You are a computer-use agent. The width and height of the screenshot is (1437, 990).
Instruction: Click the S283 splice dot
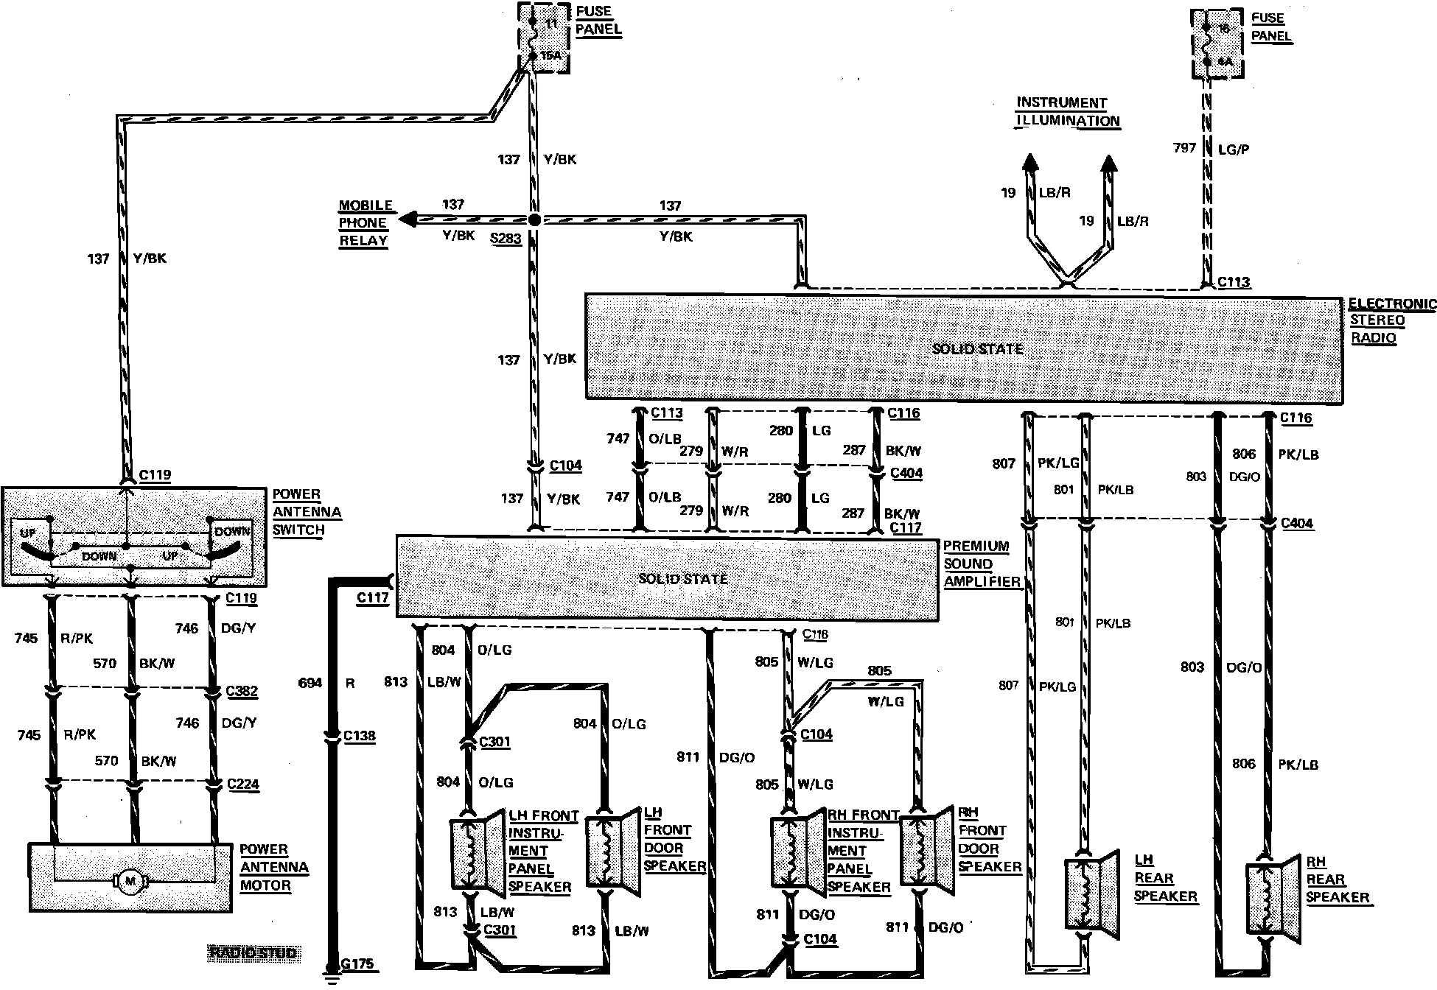click(x=535, y=220)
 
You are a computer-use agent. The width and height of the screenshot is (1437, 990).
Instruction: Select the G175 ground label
click(x=358, y=963)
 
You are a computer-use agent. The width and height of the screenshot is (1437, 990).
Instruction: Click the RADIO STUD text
click(x=254, y=953)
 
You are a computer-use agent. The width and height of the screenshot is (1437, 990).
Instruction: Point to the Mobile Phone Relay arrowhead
click(x=408, y=219)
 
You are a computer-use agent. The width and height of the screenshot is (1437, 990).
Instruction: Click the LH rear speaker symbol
click(x=1083, y=894)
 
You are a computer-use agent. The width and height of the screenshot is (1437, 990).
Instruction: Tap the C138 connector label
click(x=360, y=735)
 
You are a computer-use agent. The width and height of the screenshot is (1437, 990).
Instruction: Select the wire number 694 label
click(x=310, y=683)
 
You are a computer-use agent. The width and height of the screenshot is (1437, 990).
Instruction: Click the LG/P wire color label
click(x=1233, y=150)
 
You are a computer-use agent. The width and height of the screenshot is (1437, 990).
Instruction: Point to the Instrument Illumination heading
click(x=1068, y=112)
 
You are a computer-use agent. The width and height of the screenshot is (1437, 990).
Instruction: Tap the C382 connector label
click(x=242, y=691)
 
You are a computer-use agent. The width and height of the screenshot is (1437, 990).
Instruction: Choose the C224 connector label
click(x=243, y=784)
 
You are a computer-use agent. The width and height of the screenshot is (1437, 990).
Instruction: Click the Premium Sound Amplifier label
click(x=981, y=564)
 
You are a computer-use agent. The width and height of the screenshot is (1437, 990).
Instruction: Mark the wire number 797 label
click(x=1184, y=148)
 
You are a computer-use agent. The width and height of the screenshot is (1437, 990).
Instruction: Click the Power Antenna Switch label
click(x=307, y=512)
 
